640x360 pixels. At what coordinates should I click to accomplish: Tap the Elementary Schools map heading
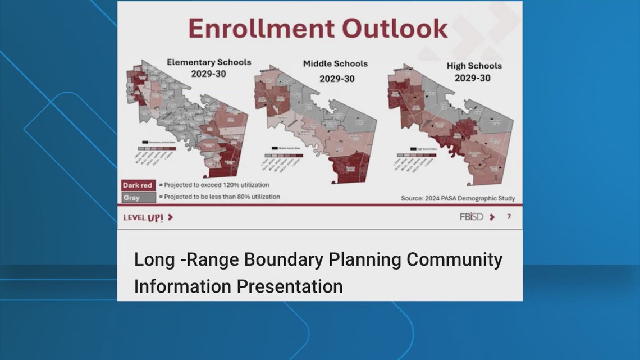(209, 62)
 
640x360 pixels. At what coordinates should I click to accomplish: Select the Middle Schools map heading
(335, 63)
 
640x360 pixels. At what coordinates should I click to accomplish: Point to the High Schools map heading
(474, 66)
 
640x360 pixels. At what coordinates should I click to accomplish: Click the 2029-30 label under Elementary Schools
(209, 74)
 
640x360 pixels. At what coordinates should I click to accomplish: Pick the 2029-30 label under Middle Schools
(337, 78)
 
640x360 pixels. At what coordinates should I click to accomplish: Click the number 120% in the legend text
(237, 185)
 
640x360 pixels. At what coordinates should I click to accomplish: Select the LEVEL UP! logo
(148, 217)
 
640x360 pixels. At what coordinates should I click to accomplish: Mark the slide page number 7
(509, 217)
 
